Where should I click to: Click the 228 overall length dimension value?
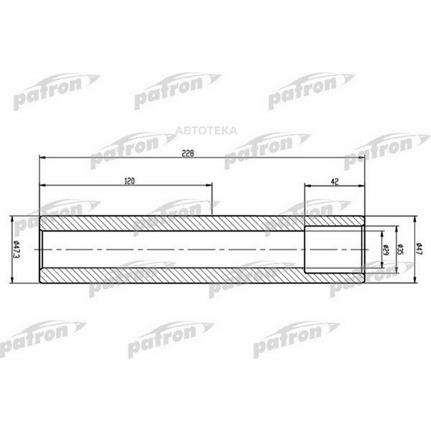(x=188, y=153)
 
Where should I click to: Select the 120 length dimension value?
(x=130, y=181)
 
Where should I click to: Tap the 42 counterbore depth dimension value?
(x=335, y=181)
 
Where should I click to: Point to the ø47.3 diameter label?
(x=16, y=250)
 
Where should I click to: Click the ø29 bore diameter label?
(x=385, y=250)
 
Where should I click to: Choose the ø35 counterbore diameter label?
(x=400, y=250)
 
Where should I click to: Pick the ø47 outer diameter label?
(x=419, y=250)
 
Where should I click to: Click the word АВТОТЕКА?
(x=206, y=130)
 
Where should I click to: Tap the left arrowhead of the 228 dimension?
(x=43, y=158)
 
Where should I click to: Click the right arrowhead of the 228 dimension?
(x=362, y=158)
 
